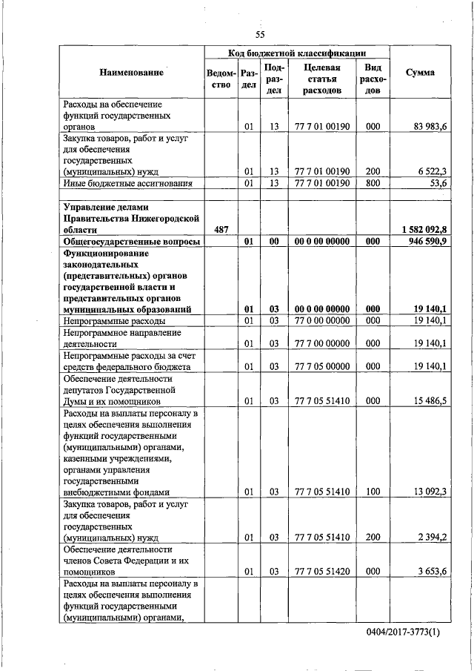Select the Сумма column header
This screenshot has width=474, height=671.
pos(421,73)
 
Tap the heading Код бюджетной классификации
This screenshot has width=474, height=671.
pos(296,53)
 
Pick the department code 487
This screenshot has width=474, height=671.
pos(221,230)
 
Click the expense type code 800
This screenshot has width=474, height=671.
pos(373,182)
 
